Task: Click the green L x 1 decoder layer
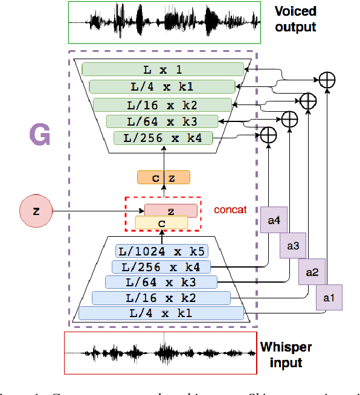(162, 69)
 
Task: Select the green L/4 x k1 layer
(162, 86)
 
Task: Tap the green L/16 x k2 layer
(162, 104)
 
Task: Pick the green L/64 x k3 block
(162, 121)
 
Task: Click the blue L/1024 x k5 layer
(162, 251)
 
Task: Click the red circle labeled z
(36, 211)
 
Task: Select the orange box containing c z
(163, 177)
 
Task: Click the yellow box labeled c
(161, 223)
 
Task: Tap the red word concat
(230, 210)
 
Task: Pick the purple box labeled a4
(273, 220)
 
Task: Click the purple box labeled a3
(292, 246)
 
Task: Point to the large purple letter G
(39, 136)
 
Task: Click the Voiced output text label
(295, 19)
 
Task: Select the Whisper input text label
(286, 355)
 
